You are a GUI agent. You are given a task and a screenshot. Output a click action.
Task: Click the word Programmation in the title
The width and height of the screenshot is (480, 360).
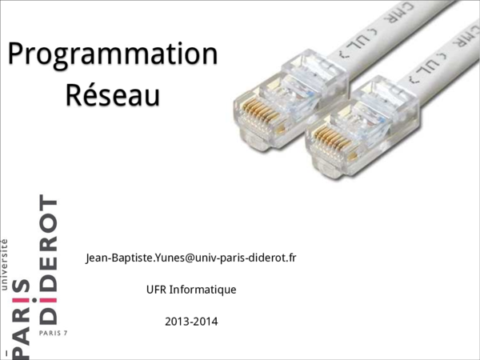click(112, 55)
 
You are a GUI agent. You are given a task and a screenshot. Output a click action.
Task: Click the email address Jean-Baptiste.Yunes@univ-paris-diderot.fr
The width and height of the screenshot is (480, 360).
click(190, 258)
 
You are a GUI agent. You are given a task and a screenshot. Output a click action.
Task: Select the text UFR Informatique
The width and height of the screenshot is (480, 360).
click(191, 289)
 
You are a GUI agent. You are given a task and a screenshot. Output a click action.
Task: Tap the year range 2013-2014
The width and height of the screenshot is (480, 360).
click(191, 322)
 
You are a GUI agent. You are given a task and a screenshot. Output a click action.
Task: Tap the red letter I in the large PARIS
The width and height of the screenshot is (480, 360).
click(22, 301)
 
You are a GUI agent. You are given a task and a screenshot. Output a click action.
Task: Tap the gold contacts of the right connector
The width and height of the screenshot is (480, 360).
click(329, 142)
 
